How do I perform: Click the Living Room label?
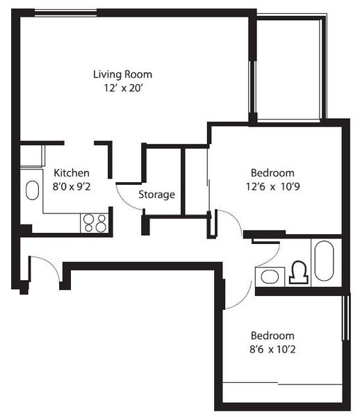[x=122, y=74]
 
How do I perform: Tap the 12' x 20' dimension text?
[x=124, y=88]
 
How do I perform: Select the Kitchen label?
[x=72, y=173]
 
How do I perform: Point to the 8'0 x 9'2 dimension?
[x=72, y=186]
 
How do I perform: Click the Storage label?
[x=156, y=195]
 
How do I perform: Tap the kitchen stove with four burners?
[x=95, y=223]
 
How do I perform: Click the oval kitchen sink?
[x=33, y=190]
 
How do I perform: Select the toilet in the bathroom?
[x=299, y=272]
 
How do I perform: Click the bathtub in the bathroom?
[x=324, y=261]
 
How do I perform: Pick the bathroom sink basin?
[x=270, y=277]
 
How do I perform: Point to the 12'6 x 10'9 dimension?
[x=273, y=186]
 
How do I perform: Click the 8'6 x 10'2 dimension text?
[x=272, y=349]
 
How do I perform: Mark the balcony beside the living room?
[x=288, y=69]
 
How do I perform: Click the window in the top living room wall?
[x=65, y=13]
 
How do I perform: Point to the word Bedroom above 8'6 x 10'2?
[x=272, y=336]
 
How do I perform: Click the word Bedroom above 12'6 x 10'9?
[x=272, y=173]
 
